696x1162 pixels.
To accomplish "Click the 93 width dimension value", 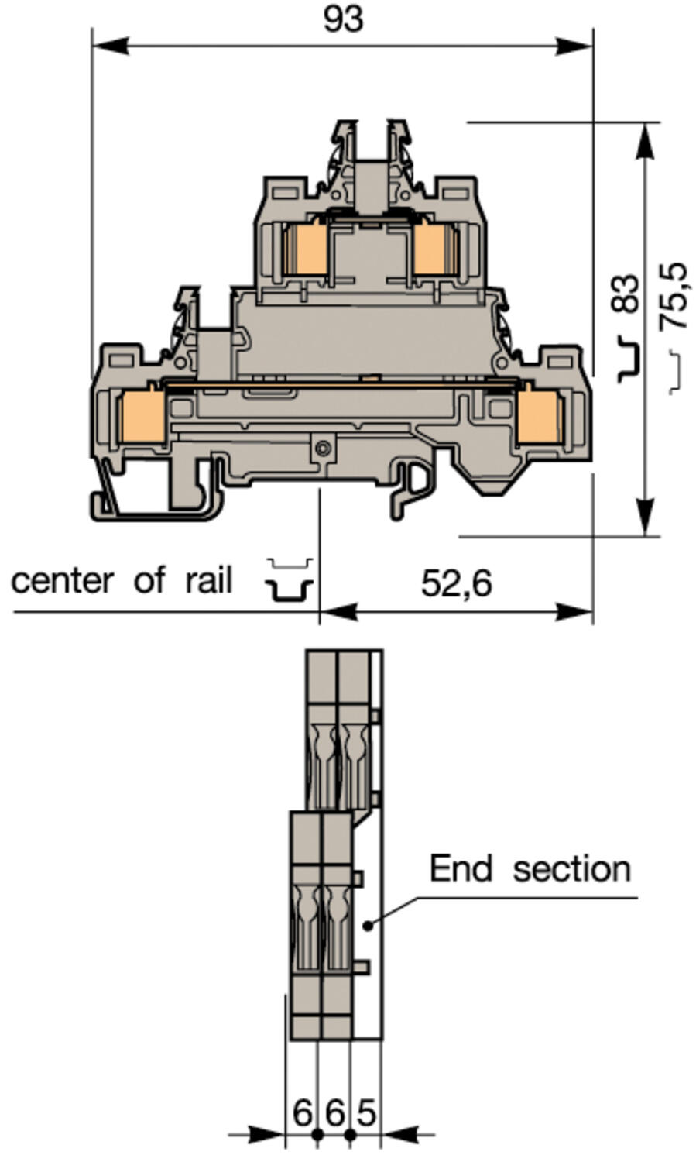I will click(x=343, y=19).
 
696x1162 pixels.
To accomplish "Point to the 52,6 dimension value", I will click(x=456, y=583).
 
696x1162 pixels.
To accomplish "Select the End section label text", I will click(x=530, y=868).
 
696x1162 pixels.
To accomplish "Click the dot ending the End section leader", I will click(x=369, y=924).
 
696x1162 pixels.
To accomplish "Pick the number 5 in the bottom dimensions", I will click(x=365, y=1113).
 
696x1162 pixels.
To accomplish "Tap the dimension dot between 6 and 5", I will click(x=350, y=1135).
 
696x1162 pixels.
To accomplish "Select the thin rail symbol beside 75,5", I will click(x=675, y=370).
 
